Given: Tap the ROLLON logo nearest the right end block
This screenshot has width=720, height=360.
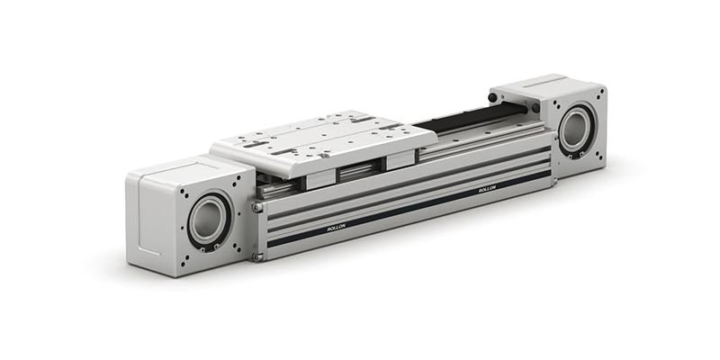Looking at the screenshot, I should (x=487, y=191).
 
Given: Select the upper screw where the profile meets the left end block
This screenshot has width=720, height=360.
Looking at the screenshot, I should (x=258, y=208).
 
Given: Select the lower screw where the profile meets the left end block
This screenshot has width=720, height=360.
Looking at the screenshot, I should (x=258, y=256).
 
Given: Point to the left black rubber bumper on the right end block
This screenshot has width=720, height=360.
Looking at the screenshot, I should (x=492, y=96).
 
